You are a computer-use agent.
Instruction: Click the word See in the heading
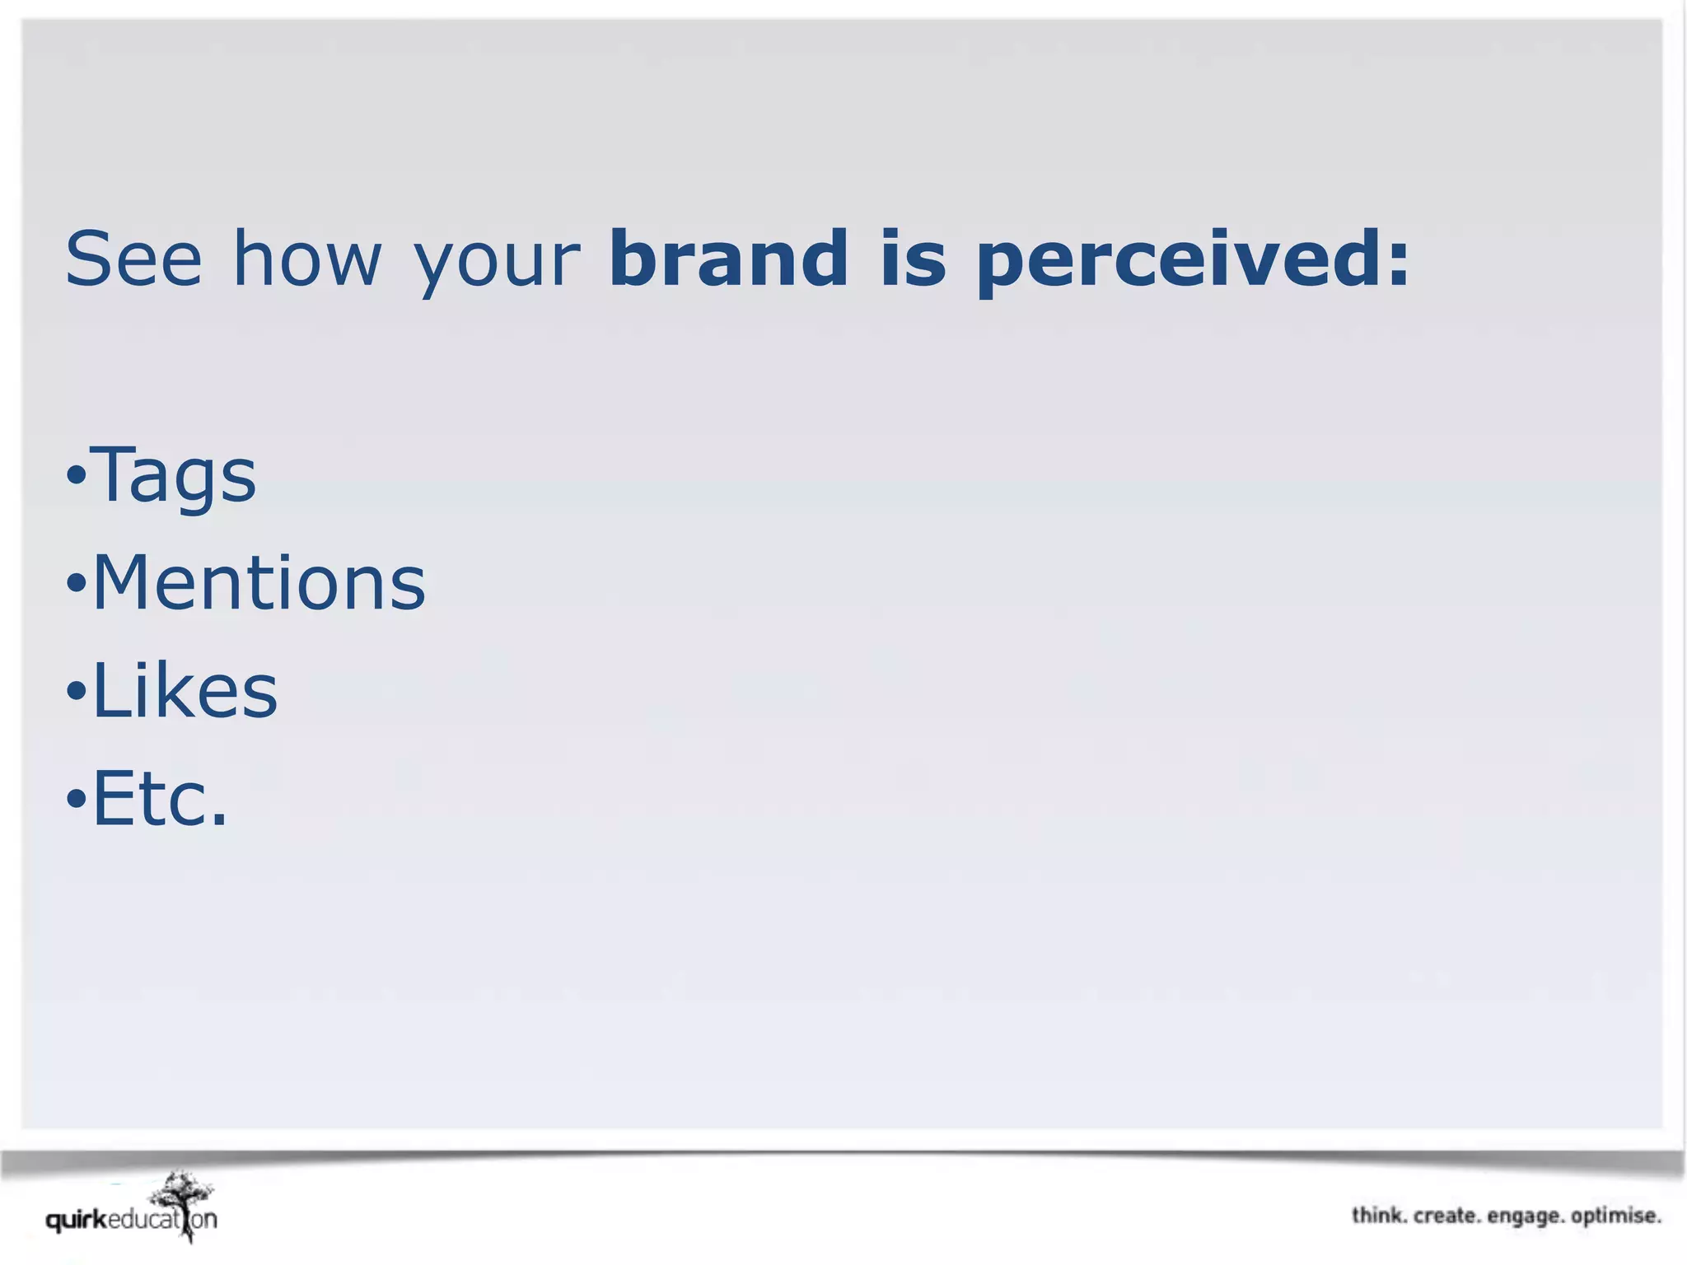coord(133,259)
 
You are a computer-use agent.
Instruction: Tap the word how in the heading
coord(307,259)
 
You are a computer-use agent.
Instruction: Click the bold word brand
coord(728,259)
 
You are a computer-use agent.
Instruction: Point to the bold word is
coord(913,259)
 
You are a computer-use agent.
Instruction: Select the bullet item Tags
coord(173,476)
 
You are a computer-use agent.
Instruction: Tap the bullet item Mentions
coord(259,583)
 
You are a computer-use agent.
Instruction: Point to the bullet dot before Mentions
coord(76,584)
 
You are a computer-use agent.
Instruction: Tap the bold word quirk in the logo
coord(77,1221)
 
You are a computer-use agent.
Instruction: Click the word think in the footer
coord(1379,1216)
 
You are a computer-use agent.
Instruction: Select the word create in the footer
coord(1446,1216)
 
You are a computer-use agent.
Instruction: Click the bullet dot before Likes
coord(76,691)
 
